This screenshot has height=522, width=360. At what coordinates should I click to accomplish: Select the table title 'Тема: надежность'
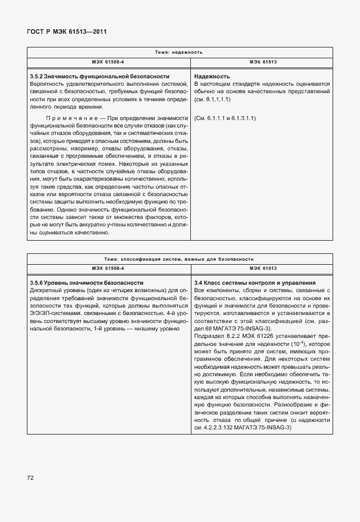tap(179, 52)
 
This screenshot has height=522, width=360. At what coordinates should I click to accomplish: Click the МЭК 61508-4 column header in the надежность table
tap(108, 61)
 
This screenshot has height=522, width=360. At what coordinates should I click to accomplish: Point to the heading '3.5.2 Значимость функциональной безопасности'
tap(99, 76)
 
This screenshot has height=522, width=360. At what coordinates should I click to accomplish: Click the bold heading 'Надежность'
tap(212, 76)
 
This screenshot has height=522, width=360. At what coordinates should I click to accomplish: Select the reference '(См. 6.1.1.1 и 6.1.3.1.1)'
tap(225, 118)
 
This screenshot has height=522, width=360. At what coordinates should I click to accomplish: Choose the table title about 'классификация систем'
tap(179, 259)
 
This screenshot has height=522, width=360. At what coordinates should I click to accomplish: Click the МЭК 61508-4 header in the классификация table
tap(108, 268)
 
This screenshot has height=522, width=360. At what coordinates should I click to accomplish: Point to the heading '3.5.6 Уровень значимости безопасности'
tap(86, 283)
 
